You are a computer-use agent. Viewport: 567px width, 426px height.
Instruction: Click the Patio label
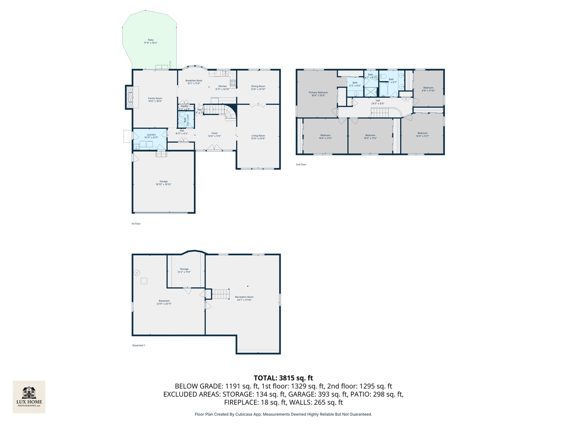[150, 41]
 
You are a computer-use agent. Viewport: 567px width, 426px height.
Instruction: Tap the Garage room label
[163, 183]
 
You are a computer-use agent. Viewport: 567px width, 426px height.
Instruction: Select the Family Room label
[155, 99]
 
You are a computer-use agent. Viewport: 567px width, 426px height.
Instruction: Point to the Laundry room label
[151, 136]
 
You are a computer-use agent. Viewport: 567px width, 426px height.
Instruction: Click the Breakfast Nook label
[194, 82]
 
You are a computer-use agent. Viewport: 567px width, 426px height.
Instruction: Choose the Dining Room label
[258, 88]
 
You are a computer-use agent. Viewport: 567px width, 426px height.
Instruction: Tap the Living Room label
[258, 137]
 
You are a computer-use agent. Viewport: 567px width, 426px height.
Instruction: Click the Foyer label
[215, 135]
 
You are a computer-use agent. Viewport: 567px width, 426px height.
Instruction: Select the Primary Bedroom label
[318, 94]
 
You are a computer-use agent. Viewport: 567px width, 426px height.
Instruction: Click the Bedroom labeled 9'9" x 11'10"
[428, 89]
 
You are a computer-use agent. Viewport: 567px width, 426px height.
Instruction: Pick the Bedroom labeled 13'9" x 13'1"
[422, 135]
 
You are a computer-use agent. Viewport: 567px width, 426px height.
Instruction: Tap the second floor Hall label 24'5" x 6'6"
[378, 102]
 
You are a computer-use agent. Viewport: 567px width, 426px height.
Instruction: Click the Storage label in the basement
[184, 270]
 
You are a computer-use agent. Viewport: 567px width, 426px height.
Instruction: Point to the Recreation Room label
[244, 298]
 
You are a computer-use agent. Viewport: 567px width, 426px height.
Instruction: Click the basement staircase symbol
[220, 294]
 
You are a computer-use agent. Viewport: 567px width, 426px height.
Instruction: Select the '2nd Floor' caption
[301, 164]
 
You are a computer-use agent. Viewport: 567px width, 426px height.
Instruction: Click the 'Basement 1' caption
[139, 346]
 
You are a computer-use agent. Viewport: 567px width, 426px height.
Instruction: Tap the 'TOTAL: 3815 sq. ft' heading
[283, 378]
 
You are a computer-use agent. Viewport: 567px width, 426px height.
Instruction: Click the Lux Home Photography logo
[29, 396]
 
